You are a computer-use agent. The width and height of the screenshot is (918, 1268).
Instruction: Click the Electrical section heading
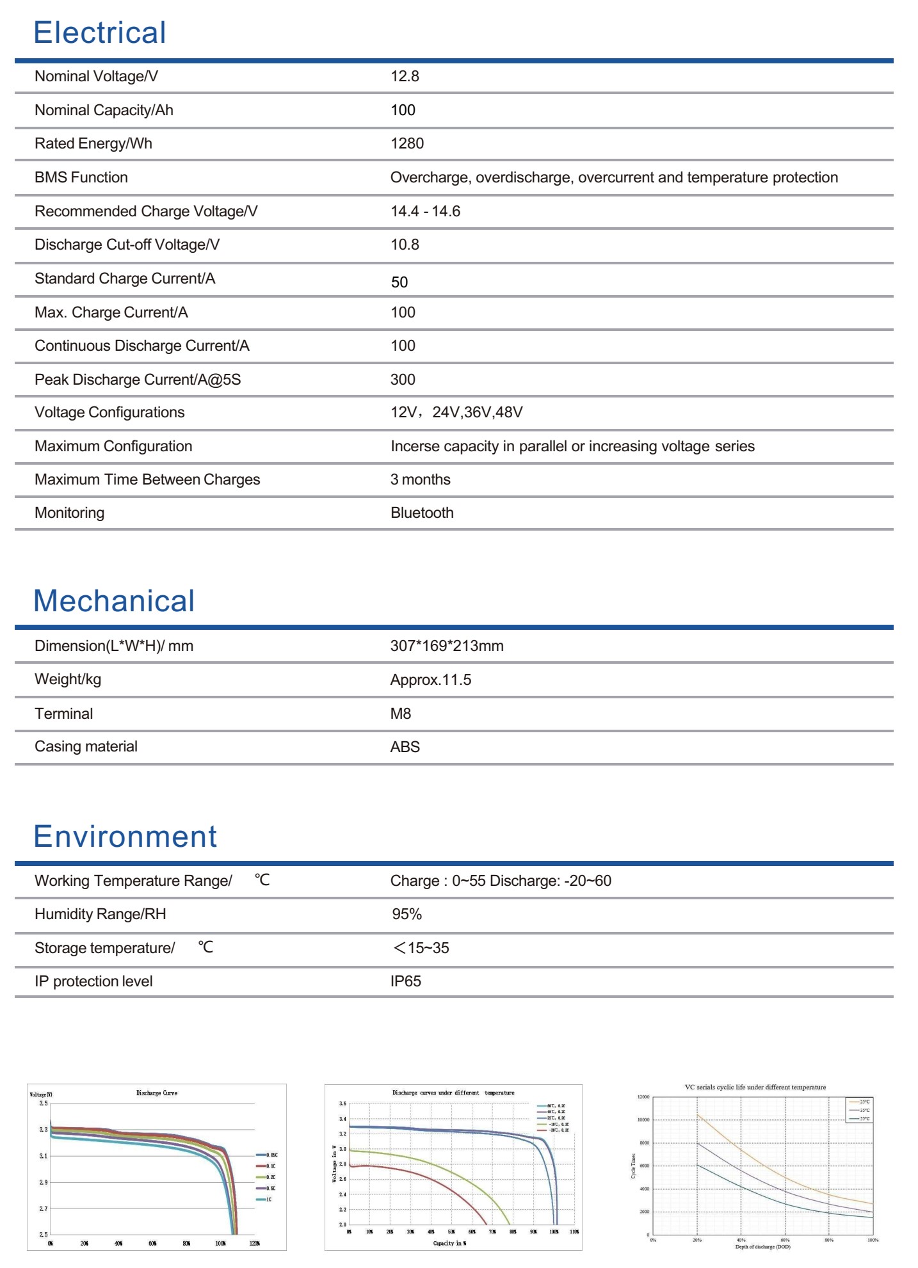(x=100, y=33)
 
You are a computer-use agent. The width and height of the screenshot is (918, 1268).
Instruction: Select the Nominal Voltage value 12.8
(x=405, y=76)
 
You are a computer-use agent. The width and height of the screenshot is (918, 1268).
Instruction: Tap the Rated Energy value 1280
(x=407, y=143)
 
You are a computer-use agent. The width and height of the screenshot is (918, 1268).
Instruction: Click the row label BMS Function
(x=81, y=177)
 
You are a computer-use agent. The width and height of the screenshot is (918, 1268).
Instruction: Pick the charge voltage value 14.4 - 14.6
(x=425, y=211)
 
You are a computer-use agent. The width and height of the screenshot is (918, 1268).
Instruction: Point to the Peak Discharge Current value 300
(x=403, y=380)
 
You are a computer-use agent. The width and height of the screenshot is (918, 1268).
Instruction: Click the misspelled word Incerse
(x=413, y=446)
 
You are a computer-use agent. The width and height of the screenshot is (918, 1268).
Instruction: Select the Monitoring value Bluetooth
(x=422, y=513)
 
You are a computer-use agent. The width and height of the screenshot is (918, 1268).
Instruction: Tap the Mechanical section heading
(x=114, y=601)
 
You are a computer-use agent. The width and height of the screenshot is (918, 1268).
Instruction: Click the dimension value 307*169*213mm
(x=447, y=646)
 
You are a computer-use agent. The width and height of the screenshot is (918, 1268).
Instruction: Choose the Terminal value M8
(x=401, y=714)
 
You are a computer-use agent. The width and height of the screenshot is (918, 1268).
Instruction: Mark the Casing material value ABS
(x=405, y=747)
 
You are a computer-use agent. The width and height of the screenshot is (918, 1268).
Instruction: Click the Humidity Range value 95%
(x=407, y=914)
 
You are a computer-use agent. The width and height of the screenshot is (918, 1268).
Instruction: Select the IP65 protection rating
(x=406, y=981)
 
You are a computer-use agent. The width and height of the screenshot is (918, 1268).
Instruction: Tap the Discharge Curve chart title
(x=157, y=1093)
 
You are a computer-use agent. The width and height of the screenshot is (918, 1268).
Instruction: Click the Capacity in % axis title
(x=449, y=1243)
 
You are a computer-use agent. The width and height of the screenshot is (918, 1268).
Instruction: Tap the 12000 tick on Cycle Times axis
(x=643, y=1097)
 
